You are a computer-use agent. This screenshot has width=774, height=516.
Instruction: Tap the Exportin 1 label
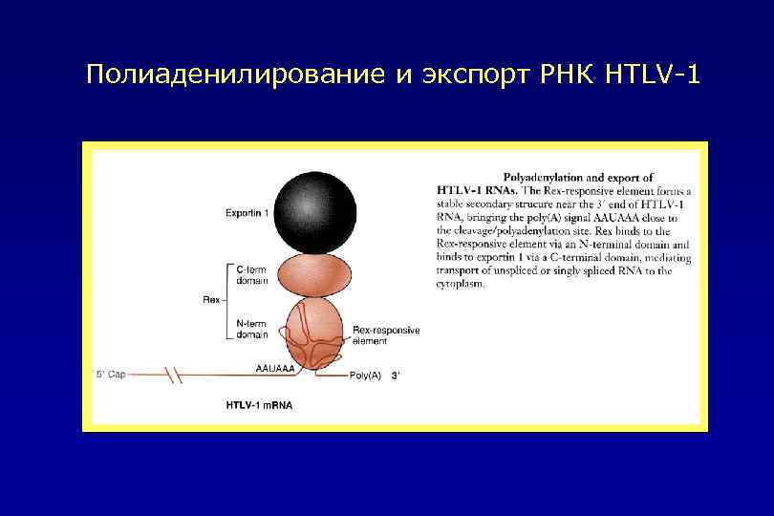pyautogui.click(x=247, y=212)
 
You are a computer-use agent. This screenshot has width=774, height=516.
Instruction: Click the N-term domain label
pyautogui.click(x=253, y=330)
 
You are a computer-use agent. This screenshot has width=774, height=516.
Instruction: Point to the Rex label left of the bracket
pyautogui.click(x=211, y=300)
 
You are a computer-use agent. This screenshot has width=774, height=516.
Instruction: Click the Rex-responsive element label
pyautogui.click(x=385, y=335)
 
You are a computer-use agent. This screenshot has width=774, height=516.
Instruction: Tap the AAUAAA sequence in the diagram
pyautogui.click(x=275, y=366)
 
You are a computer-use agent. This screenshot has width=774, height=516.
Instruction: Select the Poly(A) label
pyautogui.click(x=365, y=376)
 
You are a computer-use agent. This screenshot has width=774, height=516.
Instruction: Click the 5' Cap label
pyautogui.click(x=111, y=375)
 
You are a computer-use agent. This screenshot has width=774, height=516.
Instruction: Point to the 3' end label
pyautogui.click(x=396, y=376)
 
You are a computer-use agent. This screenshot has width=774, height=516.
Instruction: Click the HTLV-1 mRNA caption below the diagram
pyautogui.click(x=259, y=405)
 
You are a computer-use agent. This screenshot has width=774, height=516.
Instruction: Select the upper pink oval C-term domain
pyautogui.click(x=310, y=273)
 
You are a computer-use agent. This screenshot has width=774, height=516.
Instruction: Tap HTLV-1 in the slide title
pyautogui.click(x=652, y=75)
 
